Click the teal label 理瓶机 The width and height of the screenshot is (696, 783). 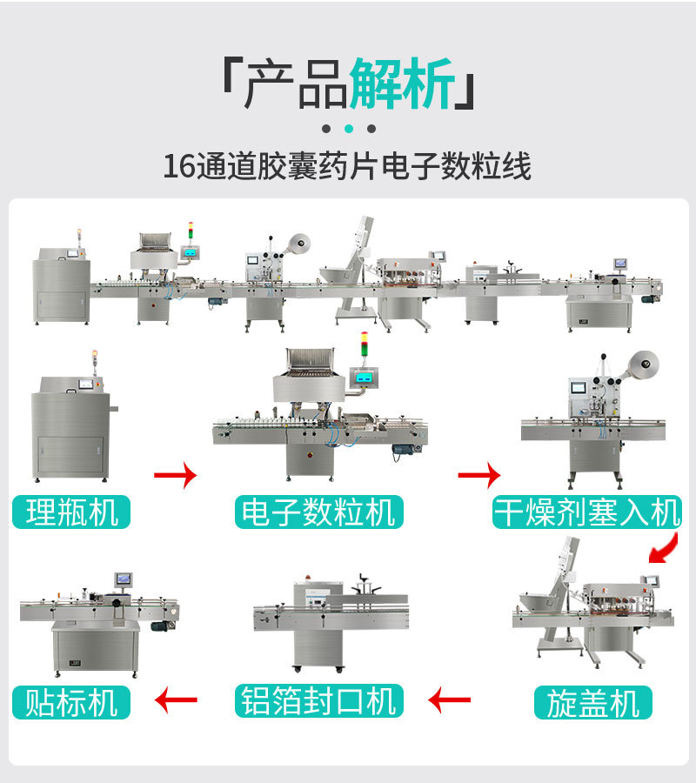(71, 512)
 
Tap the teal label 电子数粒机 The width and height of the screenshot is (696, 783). (318, 512)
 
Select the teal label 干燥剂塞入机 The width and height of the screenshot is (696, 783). (586, 512)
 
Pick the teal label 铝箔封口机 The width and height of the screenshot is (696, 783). (318, 700)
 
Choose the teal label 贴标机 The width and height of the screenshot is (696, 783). (71, 701)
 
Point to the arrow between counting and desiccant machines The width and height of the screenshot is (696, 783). (479, 475)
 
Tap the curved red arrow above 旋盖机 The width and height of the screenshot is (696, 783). (665, 549)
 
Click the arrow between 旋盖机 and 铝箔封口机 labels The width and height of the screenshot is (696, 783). (450, 699)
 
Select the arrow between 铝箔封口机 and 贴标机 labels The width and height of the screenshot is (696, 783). (176, 699)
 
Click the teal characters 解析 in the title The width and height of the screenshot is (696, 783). (402, 85)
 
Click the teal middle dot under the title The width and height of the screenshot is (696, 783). (348, 129)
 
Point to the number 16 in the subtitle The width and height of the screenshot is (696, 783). (180, 166)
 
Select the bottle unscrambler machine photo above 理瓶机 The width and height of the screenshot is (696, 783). (71, 426)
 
